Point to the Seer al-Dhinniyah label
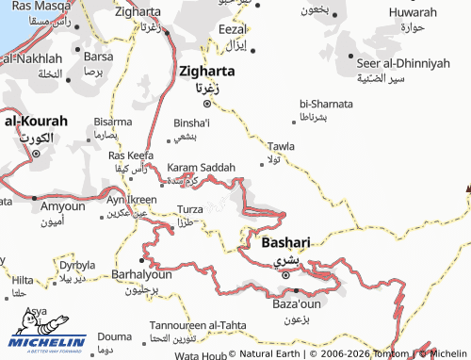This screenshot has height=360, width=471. click(x=400, y=63)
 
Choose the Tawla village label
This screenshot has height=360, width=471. click(x=282, y=146)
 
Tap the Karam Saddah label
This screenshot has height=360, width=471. click(x=201, y=167)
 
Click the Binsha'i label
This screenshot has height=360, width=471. click(x=192, y=123)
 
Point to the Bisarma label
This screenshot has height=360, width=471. click(x=113, y=122)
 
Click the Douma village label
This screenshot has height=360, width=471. click(x=115, y=335)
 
